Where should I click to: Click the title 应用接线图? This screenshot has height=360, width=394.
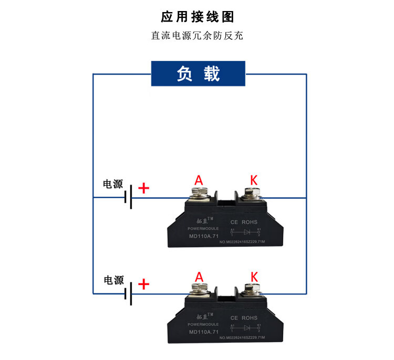coord(197,17)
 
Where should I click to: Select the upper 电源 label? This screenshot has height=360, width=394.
coord(113,184)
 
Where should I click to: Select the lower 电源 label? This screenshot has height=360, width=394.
coord(113,280)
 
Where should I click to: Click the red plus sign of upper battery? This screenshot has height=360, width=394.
coord(143,188)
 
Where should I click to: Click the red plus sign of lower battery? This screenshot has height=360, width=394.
coord(143,284)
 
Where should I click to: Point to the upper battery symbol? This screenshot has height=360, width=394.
coord(128,198)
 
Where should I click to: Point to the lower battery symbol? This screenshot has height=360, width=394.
coord(128,294)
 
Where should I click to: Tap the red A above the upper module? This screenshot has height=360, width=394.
coord(199,180)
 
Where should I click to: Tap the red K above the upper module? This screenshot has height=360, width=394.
coord(254,180)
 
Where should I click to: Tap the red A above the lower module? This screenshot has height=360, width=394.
coord(199,277)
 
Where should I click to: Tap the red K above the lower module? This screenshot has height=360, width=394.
coord(254,277)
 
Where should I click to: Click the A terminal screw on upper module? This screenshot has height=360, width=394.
coord(199,195)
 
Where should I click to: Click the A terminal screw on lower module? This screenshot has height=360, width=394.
coord(199,292)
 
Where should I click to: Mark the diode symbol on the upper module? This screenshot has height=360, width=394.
coord(245,231)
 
